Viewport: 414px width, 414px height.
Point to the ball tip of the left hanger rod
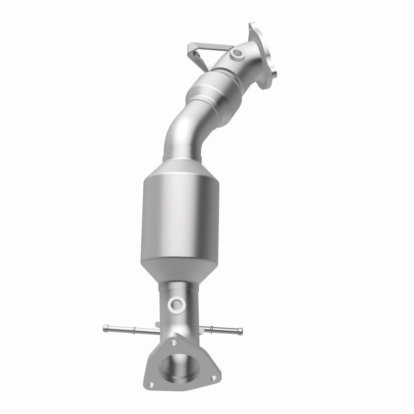click(106, 327)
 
